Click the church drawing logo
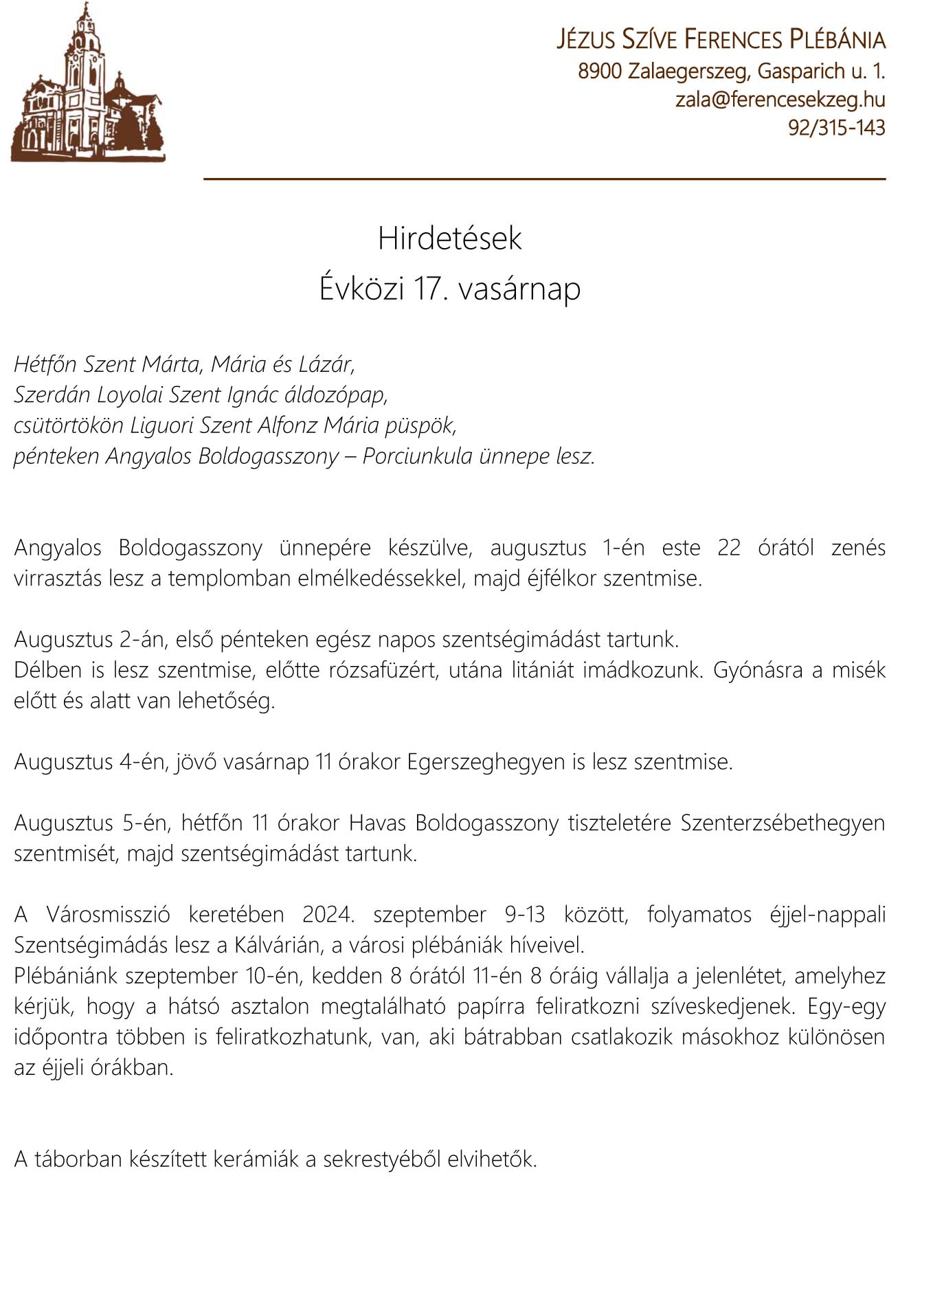(88, 82)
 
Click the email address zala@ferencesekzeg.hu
(780, 100)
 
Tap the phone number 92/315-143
(836, 128)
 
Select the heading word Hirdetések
(450, 238)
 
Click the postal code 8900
(599, 71)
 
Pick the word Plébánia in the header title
(837, 40)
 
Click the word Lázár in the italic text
(326, 364)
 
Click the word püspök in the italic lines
(420, 426)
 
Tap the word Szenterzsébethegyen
(783, 823)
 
